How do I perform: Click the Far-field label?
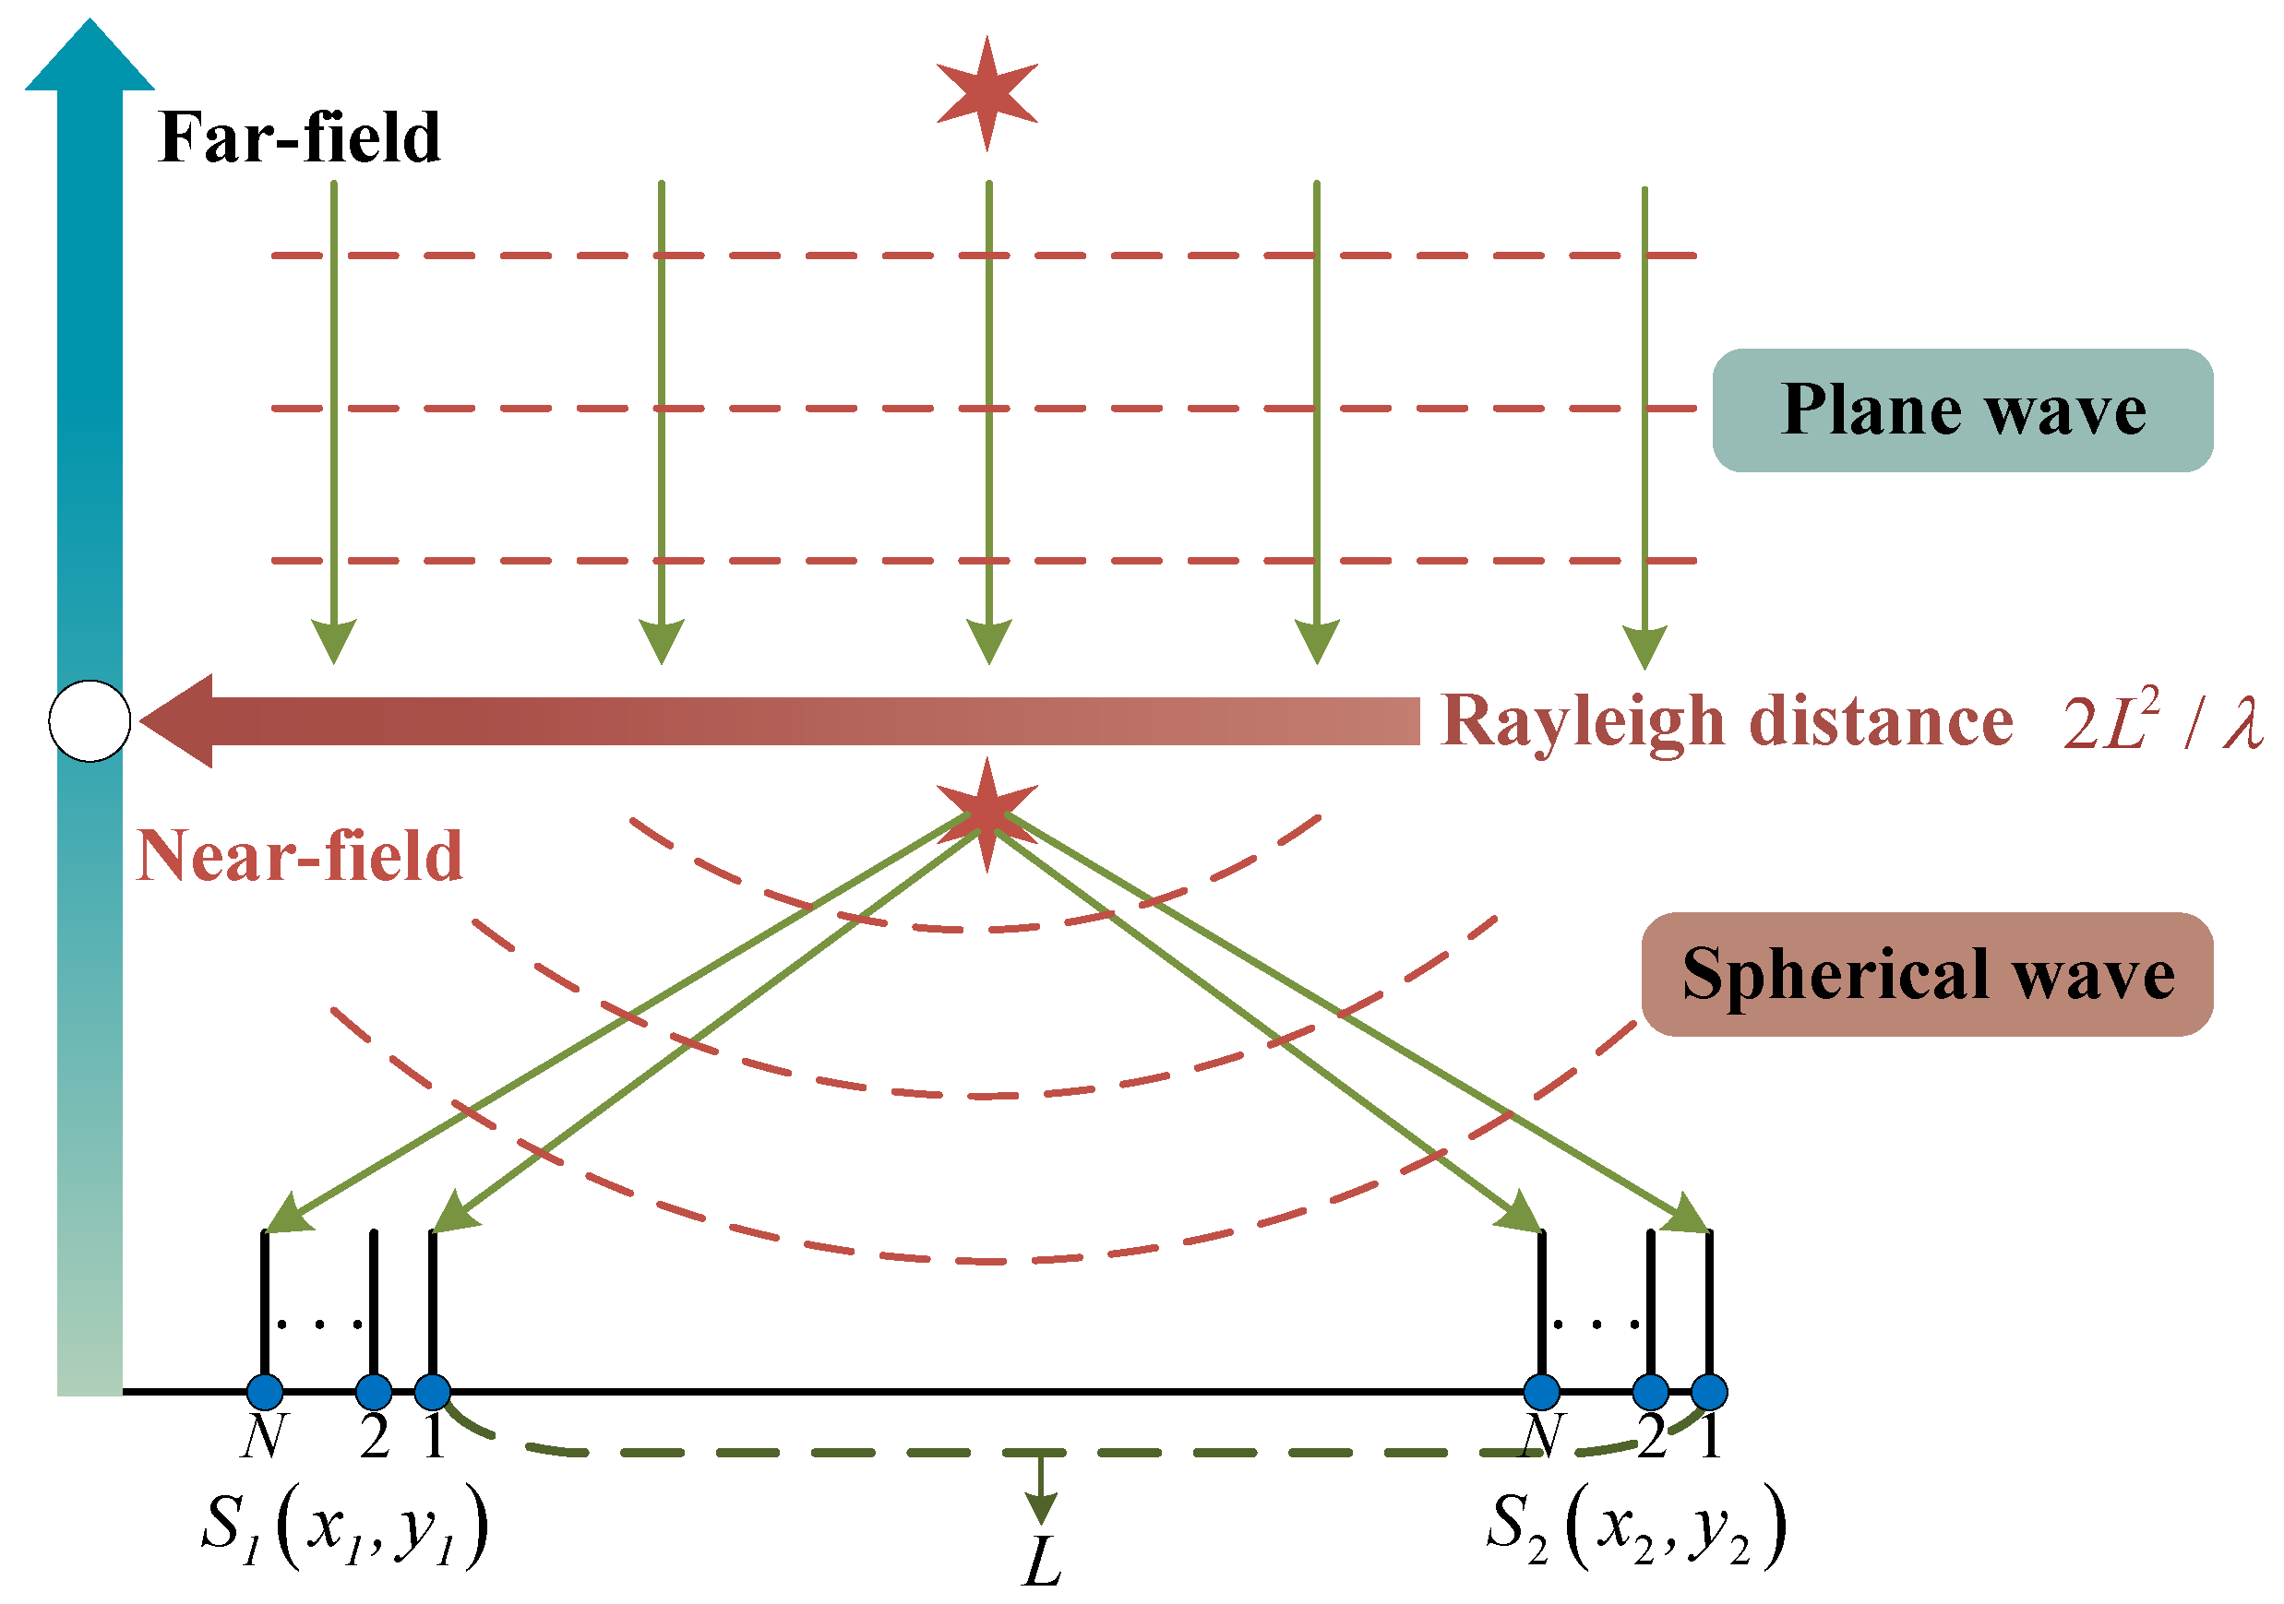click(298, 137)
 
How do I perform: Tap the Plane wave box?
click(1962, 410)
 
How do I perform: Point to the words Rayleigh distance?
click(1726, 721)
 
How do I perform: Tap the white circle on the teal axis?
click(90, 721)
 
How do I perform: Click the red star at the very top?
click(987, 92)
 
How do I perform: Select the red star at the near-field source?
click(987, 814)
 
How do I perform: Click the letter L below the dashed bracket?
click(1042, 1562)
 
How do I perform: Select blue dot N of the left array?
click(265, 1391)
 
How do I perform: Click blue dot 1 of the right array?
click(1709, 1391)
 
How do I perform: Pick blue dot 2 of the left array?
click(373, 1391)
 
